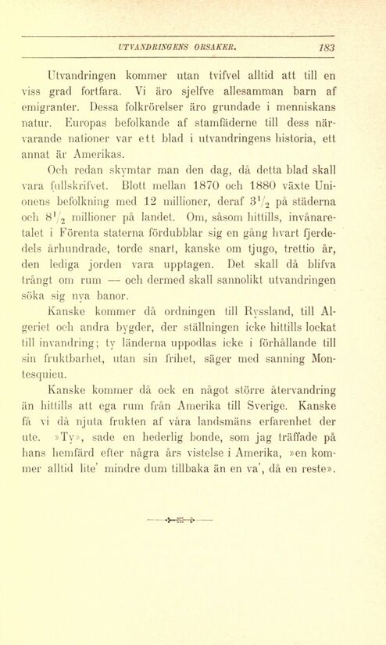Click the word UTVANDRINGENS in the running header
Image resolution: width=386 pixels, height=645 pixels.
[x=147, y=46]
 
